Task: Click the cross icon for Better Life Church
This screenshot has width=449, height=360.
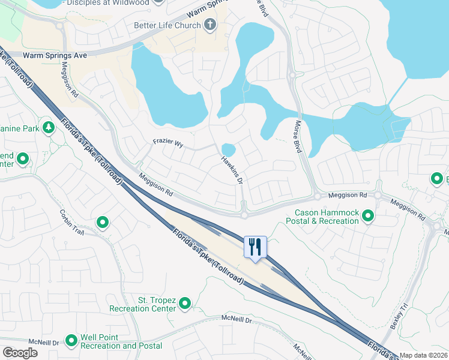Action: click(209, 25)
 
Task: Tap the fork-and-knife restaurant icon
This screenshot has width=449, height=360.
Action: click(255, 246)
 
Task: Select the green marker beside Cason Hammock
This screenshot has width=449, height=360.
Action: click(367, 217)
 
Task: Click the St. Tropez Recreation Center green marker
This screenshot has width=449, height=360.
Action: click(185, 304)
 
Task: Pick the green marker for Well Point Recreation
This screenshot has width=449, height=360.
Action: click(71, 341)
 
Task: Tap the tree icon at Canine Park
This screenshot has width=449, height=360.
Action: click(48, 129)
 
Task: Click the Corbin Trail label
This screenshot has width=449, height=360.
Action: click(70, 222)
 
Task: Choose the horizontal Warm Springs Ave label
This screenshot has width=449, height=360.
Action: click(55, 55)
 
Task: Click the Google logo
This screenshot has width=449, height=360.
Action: click(20, 352)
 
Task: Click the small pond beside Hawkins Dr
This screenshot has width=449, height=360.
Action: click(228, 149)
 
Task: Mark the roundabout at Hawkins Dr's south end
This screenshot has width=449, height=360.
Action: click(244, 214)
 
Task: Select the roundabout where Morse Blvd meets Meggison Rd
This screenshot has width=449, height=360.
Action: click(316, 196)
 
